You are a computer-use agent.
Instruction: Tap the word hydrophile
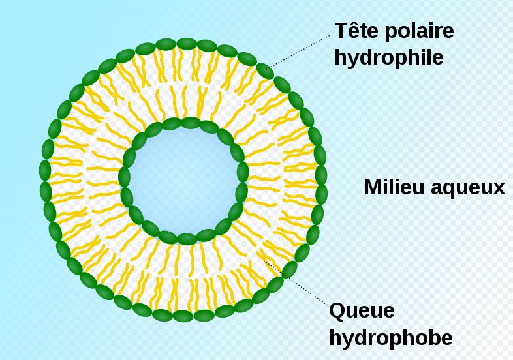coord(389,58)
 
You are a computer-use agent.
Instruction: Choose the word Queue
coord(362,310)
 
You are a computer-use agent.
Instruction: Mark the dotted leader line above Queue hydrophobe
coord(296,283)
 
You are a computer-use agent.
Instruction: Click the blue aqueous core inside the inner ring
coord(183,181)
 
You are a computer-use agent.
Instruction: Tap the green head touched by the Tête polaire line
coord(265,71)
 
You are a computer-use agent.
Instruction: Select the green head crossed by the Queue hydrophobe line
coord(290,270)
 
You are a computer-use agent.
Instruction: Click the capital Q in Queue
coord(338,311)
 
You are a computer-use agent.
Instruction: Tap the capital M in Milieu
coord(373,187)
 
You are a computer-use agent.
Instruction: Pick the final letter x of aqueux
coord(499,190)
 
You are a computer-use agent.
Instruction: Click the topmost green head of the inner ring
coord(191,123)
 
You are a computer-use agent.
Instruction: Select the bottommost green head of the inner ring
coord(187,239)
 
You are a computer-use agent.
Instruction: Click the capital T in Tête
coord(341,31)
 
